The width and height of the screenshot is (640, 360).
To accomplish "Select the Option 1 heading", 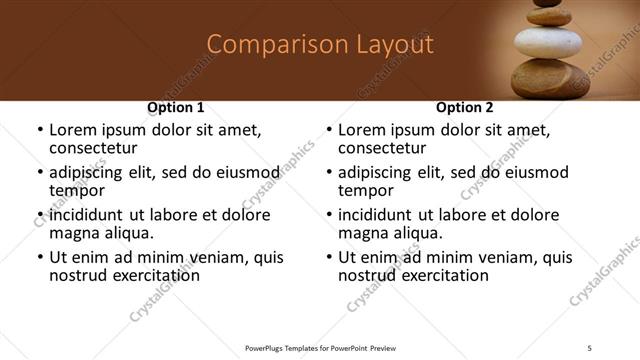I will click(x=176, y=107).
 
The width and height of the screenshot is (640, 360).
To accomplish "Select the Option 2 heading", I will click(x=465, y=107).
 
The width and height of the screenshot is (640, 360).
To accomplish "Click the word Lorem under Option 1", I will click(x=72, y=130).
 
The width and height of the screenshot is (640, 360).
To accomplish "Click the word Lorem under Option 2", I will click(x=361, y=130).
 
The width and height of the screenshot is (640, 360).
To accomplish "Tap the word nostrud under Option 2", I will click(x=367, y=275).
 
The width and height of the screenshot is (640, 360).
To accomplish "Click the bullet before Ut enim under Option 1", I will click(x=39, y=258).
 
